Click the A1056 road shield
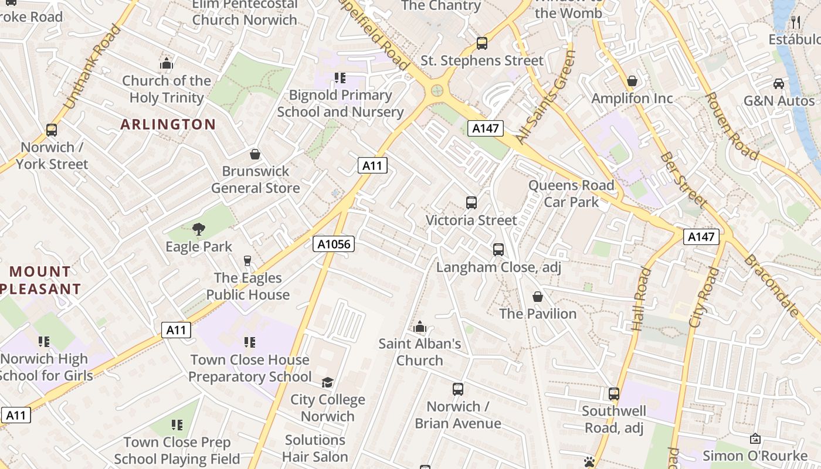tap(334, 244)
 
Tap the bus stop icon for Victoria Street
tap(471, 203)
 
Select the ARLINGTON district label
tap(168, 124)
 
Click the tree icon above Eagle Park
tap(199, 229)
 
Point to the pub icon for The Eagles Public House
tap(247, 260)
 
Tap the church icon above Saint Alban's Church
tap(420, 327)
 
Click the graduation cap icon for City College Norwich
tap(327, 382)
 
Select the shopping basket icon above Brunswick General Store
tap(255, 154)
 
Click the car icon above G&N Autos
tap(779, 83)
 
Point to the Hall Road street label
tap(642, 299)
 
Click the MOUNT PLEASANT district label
tap(40, 280)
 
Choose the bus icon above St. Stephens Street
tap(482, 43)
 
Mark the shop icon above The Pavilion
tap(538, 297)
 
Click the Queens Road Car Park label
tap(571, 193)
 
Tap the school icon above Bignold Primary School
tap(340, 78)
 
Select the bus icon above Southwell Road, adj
tap(614, 394)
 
